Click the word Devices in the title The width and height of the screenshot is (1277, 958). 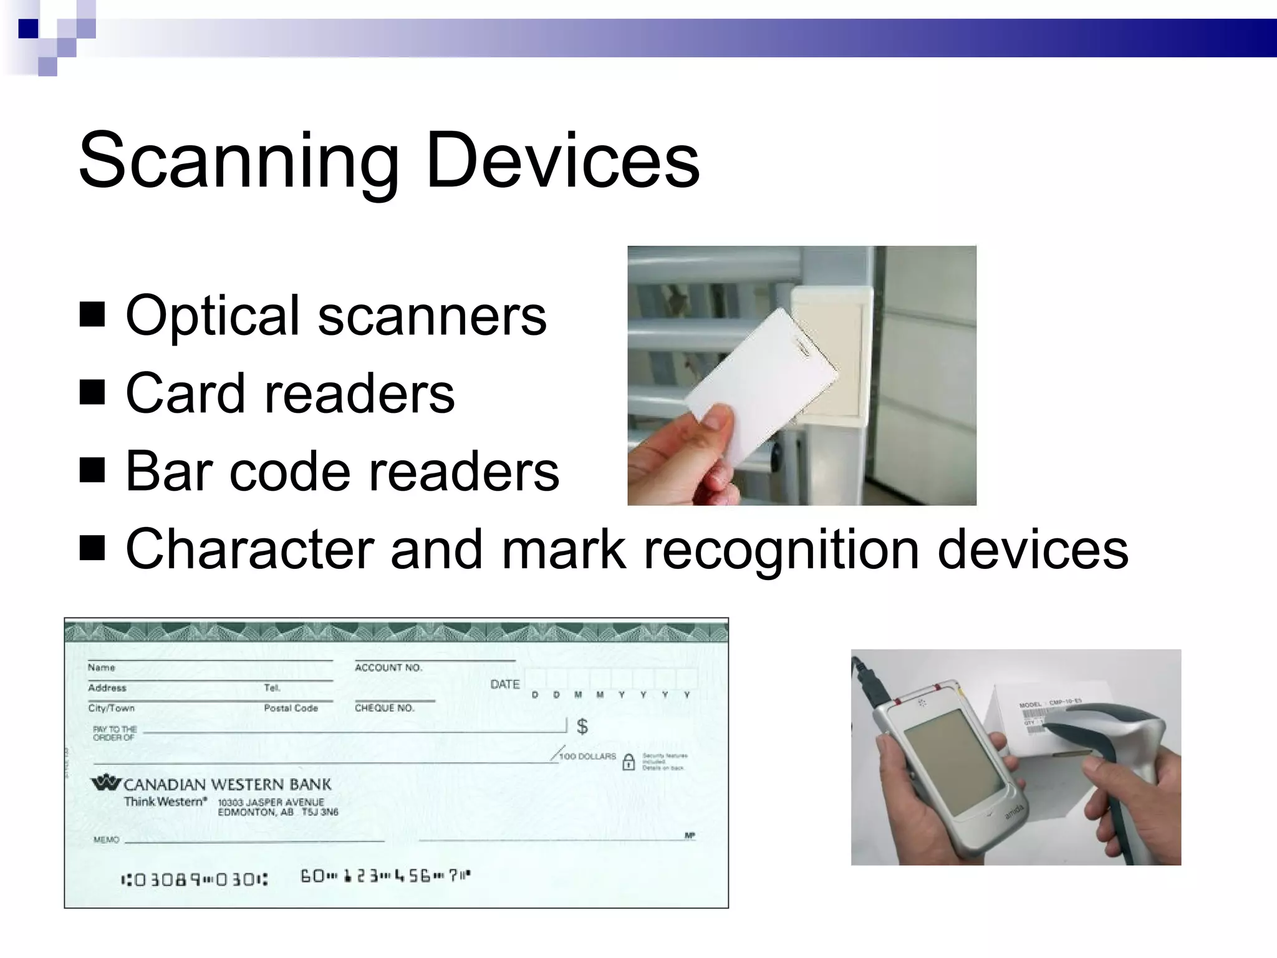click(562, 160)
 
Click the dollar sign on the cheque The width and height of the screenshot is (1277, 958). click(582, 726)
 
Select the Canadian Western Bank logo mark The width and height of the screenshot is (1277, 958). click(106, 782)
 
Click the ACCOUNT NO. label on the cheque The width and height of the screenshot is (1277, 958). click(388, 667)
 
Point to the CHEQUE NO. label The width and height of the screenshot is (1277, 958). click(384, 708)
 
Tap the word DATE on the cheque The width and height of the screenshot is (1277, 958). click(504, 684)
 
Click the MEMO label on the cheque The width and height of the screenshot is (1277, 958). click(106, 839)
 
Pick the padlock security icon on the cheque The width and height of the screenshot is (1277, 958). click(629, 762)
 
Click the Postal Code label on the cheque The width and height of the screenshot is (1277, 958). click(291, 708)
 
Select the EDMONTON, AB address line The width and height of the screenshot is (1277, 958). click(277, 812)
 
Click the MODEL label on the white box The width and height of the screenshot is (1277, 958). click(1030, 705)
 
